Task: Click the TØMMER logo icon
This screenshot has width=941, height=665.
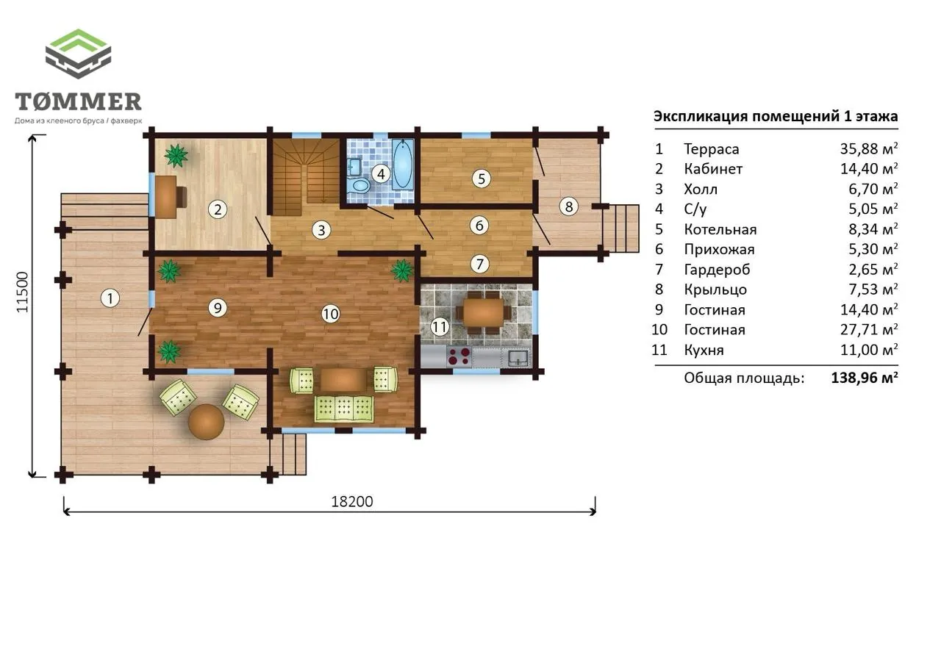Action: point(78,54)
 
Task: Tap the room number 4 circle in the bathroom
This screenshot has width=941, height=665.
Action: point(381,174)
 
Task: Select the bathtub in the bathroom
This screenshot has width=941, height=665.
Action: point(402,164)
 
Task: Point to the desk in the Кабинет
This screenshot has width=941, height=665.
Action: point(166,196)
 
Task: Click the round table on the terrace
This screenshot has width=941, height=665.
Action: point(207,422)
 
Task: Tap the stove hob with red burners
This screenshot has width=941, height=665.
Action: point(459,356)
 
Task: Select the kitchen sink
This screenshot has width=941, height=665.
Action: point(518,357)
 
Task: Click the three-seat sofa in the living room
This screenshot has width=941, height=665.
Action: point(343,408)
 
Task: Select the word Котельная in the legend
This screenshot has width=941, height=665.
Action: point(720,229)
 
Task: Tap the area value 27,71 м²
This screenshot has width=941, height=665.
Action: point(869,329)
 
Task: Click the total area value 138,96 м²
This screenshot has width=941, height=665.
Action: point(865,378)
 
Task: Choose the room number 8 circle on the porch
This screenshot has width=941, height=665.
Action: point(569,206)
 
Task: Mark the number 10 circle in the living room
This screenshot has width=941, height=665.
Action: point(331,314)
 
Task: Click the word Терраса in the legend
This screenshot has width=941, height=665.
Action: point(711,149)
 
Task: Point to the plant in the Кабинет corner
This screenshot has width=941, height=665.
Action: point(176,156)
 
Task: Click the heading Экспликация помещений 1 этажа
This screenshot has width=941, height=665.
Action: point(776,116)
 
